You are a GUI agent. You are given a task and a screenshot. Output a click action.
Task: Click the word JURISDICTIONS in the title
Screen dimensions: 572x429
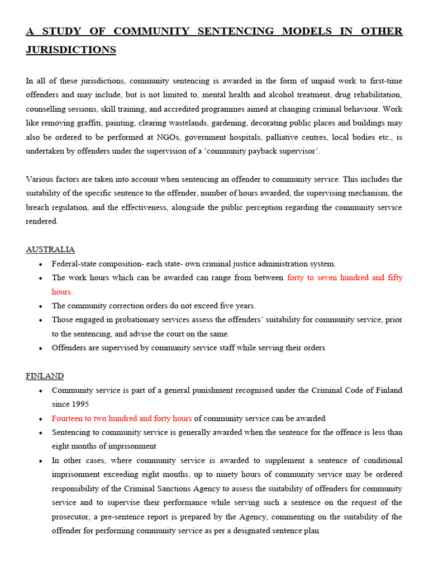pos(71,50)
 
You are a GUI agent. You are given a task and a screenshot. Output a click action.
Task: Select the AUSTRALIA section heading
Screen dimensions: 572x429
pos(50,249)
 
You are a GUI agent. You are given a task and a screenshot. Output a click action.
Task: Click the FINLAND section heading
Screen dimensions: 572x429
pos(45,376)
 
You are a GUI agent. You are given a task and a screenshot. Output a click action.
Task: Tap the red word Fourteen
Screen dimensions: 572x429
pos(70,418)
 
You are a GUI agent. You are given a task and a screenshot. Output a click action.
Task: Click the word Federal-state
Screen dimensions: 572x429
pos(75,264)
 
